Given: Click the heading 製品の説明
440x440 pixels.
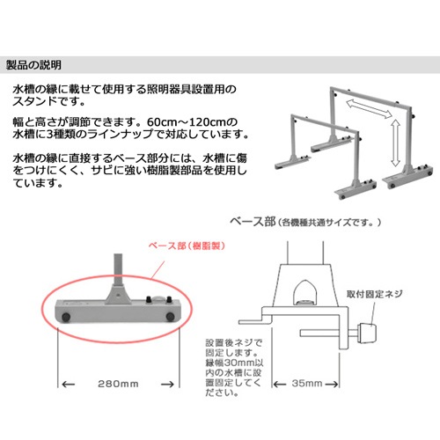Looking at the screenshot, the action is click(x=33, y=65).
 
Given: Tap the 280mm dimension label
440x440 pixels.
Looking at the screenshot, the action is click(x=118, y=384).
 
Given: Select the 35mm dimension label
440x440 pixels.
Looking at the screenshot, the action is click(x=307, y=383).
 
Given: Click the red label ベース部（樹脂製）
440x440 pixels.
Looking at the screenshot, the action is click(x=187, y=246).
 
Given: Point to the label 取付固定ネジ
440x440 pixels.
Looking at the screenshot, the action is click(x=374, y=294).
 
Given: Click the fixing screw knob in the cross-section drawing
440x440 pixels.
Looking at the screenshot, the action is click(x=367, y=333).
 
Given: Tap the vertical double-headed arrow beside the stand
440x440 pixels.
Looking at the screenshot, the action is click(x=396, y=143).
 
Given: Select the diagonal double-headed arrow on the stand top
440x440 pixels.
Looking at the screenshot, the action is click(x=369, y=109).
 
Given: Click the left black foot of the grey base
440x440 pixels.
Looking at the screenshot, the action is click(x=66, y=317).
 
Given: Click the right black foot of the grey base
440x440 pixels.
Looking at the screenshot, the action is click(x=170, y=317).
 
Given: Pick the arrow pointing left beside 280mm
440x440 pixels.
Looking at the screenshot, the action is click(x=69, y=384).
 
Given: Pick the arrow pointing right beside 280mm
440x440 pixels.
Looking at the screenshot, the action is click(x=167, y=384).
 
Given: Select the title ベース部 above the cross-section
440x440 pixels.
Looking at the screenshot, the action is click(x=253, y=221).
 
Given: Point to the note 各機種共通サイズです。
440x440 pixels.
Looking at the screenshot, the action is click(x=328, y=223).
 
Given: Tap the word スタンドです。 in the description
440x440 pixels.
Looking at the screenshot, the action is click(x=48, y=101).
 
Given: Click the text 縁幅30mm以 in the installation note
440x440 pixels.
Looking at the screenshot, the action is click(x=234, y=363).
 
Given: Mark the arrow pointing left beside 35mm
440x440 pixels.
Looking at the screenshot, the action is click(x=280, y=384).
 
